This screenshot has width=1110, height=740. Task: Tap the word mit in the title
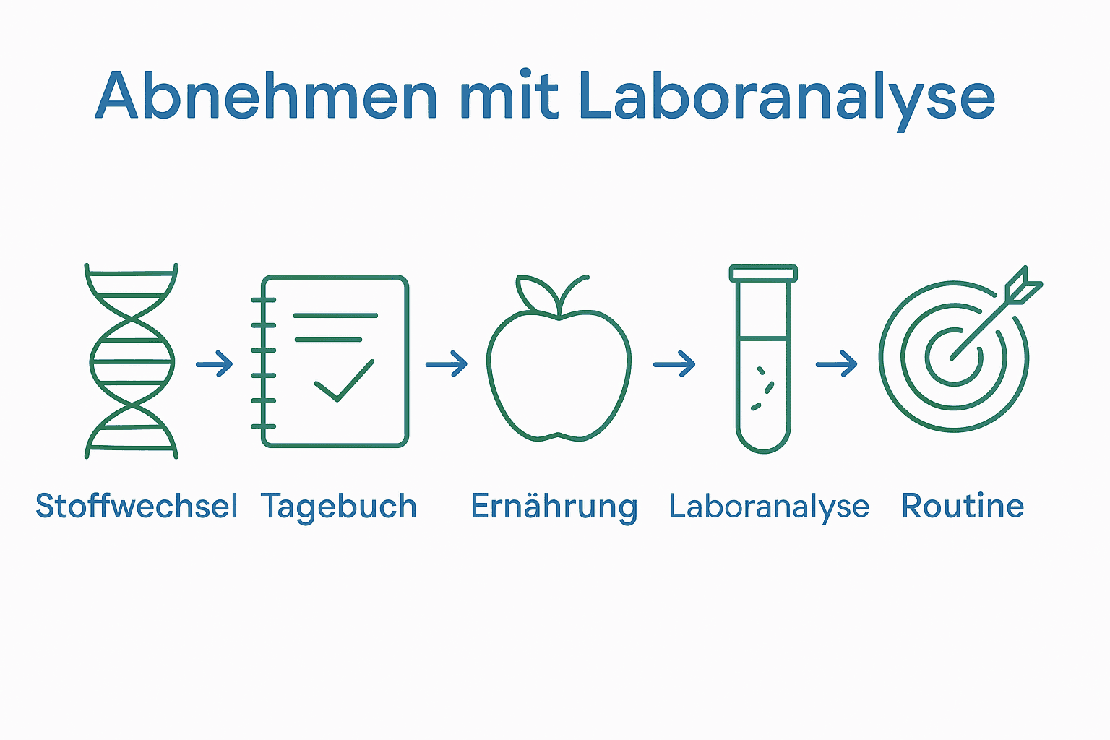(509, 96)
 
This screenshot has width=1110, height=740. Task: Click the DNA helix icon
(132, 361)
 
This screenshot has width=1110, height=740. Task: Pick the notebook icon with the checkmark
(332, 361)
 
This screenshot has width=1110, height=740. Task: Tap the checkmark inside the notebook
(344, 380)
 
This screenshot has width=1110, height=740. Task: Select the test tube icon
(763, 359)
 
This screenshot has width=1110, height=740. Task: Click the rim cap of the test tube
(763, 273)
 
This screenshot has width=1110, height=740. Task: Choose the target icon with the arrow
(954, 356)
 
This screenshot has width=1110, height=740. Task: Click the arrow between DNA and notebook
(215, 363)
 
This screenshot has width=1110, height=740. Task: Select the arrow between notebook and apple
(447, 363)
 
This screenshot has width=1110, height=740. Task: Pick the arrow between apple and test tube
(674, 364)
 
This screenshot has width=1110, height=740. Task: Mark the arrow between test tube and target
(837, 364)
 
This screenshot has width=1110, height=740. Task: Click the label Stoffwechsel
(137, 506)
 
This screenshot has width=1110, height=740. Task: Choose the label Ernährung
(554, 506)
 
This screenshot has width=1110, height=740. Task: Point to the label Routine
(963, 506)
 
